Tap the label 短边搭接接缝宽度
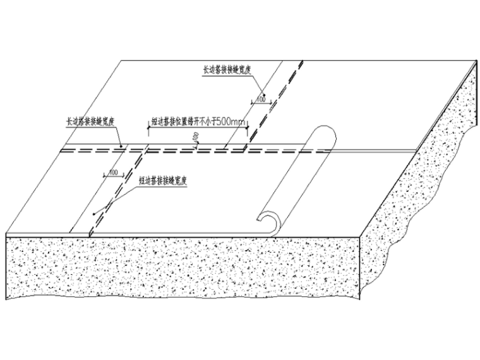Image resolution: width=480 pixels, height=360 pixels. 164,179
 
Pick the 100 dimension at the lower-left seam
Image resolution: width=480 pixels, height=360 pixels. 114,172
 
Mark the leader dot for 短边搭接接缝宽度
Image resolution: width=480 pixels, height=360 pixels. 93,213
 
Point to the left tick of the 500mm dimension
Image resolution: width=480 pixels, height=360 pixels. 148,129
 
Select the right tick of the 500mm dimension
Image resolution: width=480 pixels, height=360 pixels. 248,129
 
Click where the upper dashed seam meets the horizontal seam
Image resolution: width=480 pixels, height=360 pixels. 245,150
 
